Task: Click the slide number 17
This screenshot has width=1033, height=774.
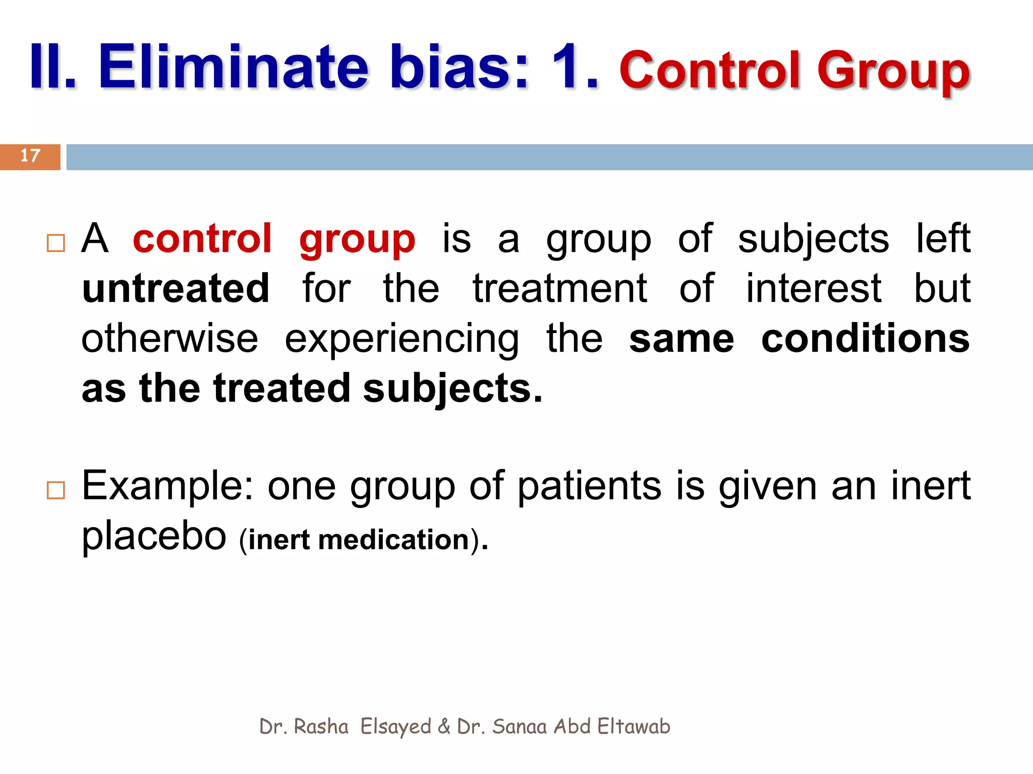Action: [30, 156]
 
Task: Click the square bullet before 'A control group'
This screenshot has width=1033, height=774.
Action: [55, 243]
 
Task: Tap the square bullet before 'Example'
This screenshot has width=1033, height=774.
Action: [55, 490]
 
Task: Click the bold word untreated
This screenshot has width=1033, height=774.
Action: [176, 288]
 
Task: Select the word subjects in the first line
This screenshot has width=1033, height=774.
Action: [813, 239]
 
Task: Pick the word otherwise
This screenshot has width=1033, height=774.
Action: [169, 338]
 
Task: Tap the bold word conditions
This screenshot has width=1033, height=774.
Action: [865, 338]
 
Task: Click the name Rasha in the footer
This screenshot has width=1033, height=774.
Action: [321, 727]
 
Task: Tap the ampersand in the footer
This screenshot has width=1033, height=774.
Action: [444, 727]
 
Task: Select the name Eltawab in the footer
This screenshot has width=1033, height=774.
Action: [634, 727]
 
